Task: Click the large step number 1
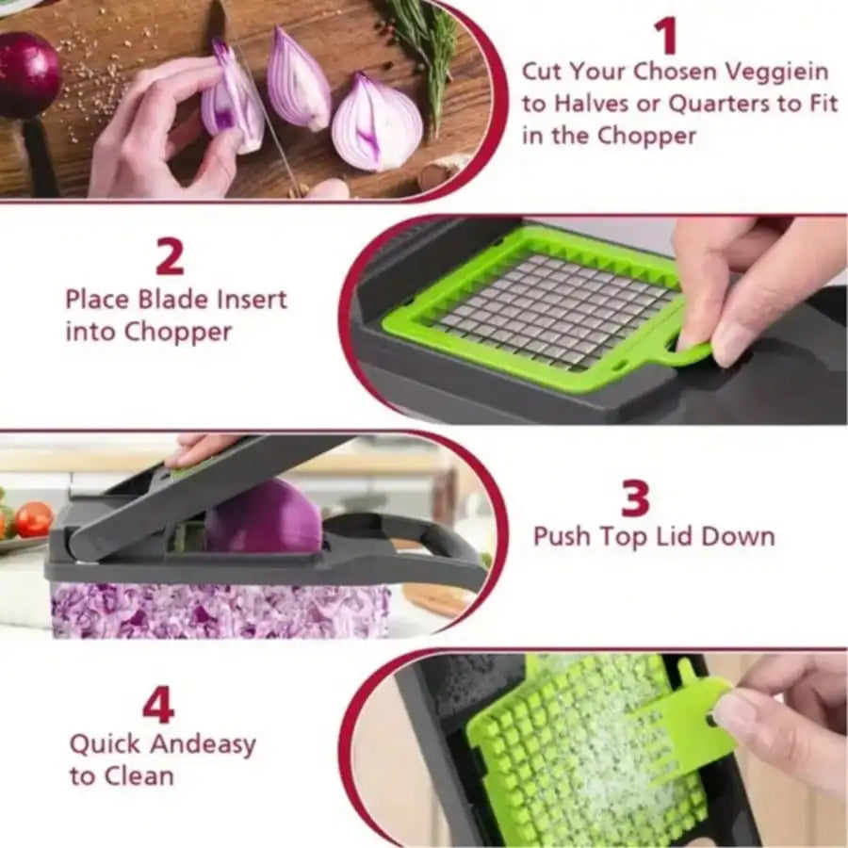point(666,36)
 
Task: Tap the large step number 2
point(170,255)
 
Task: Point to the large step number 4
point(157,705)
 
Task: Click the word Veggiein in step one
point(775,72)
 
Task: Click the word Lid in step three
point(684,537)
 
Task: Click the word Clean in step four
point(139,776)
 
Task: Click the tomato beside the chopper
point(33,519)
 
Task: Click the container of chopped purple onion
point(217,609)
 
